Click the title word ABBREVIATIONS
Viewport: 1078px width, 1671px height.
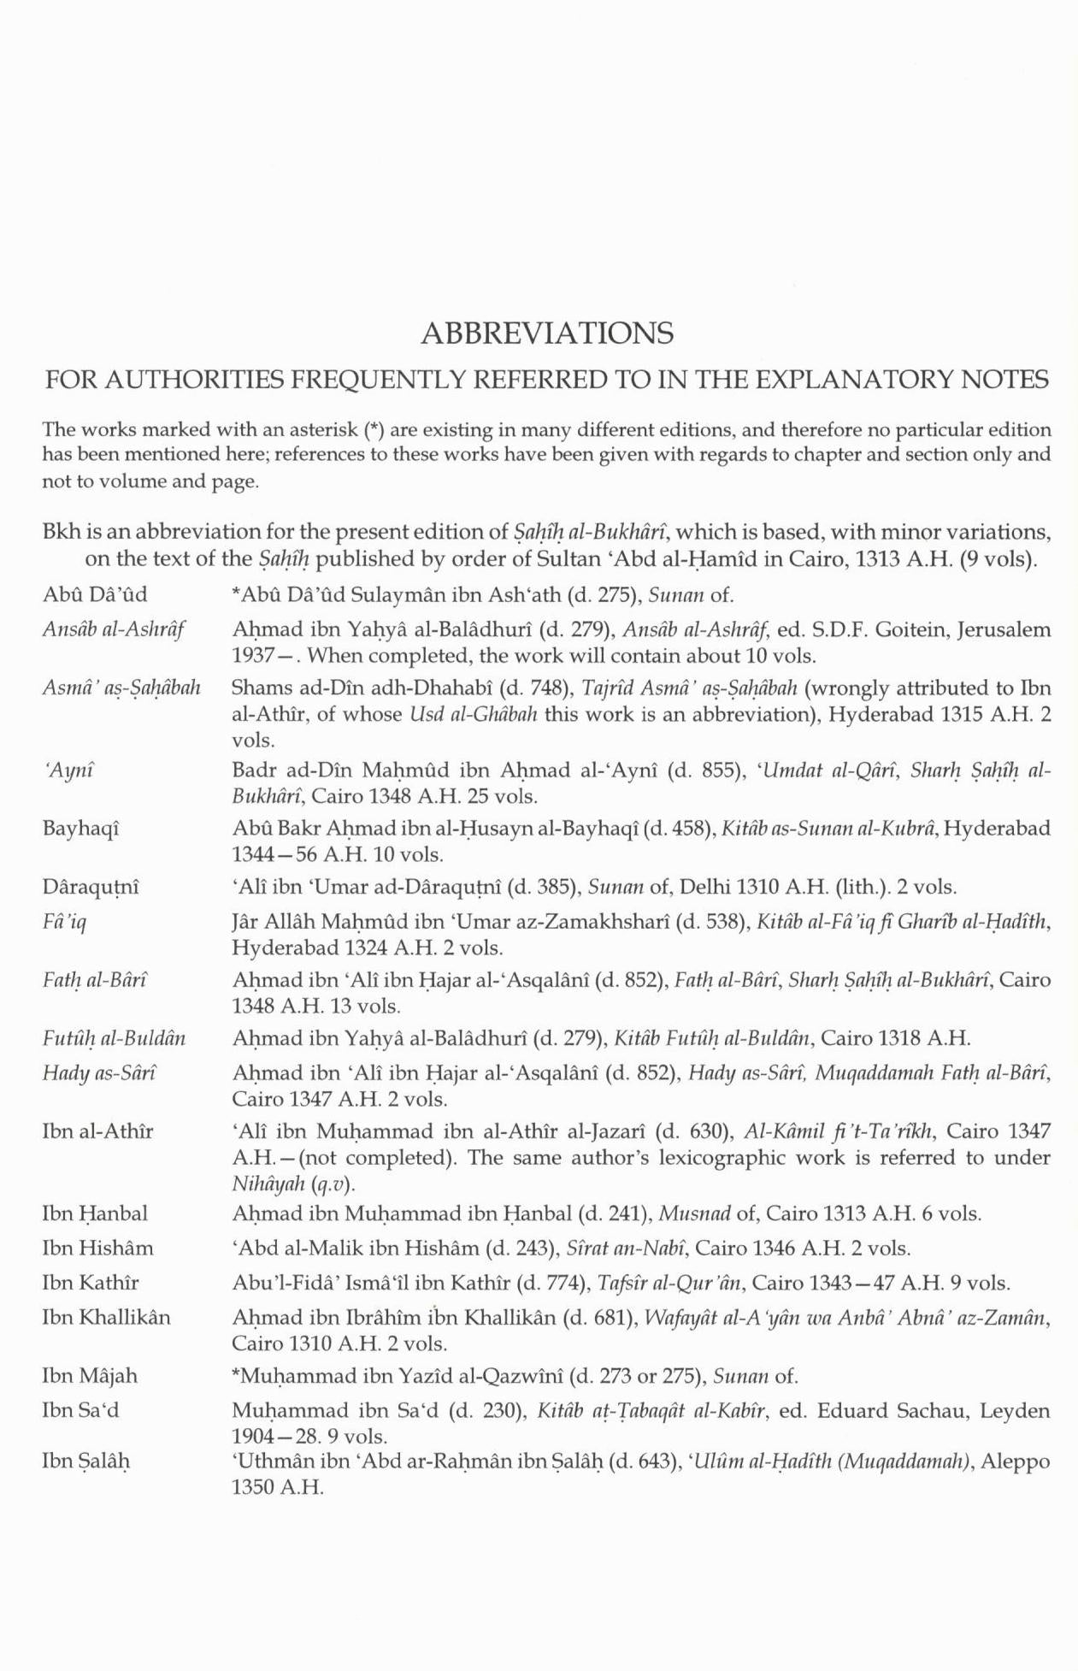[x=547, y=333]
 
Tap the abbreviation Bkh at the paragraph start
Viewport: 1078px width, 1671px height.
[x=61, y=532]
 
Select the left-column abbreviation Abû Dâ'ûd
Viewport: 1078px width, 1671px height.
[x=95, y=594]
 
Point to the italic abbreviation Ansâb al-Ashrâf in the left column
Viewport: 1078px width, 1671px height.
[x=114, y=630]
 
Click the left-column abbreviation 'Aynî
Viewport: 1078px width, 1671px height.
[x=68, y=771]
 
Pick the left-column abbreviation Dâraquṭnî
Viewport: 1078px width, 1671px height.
[x=91, y=887]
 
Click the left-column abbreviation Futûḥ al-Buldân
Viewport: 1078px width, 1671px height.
[x=114, y=1039]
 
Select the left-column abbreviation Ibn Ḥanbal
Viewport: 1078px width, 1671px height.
[x=94, y=1213]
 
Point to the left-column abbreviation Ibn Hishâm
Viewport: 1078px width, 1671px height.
[x=97, y=1248]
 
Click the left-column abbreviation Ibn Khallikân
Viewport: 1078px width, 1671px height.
[x=106, y=1317]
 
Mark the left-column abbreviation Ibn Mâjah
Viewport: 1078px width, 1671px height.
[x=89, y=1376]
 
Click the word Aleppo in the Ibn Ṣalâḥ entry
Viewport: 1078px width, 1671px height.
[x=1016, y=1461]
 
